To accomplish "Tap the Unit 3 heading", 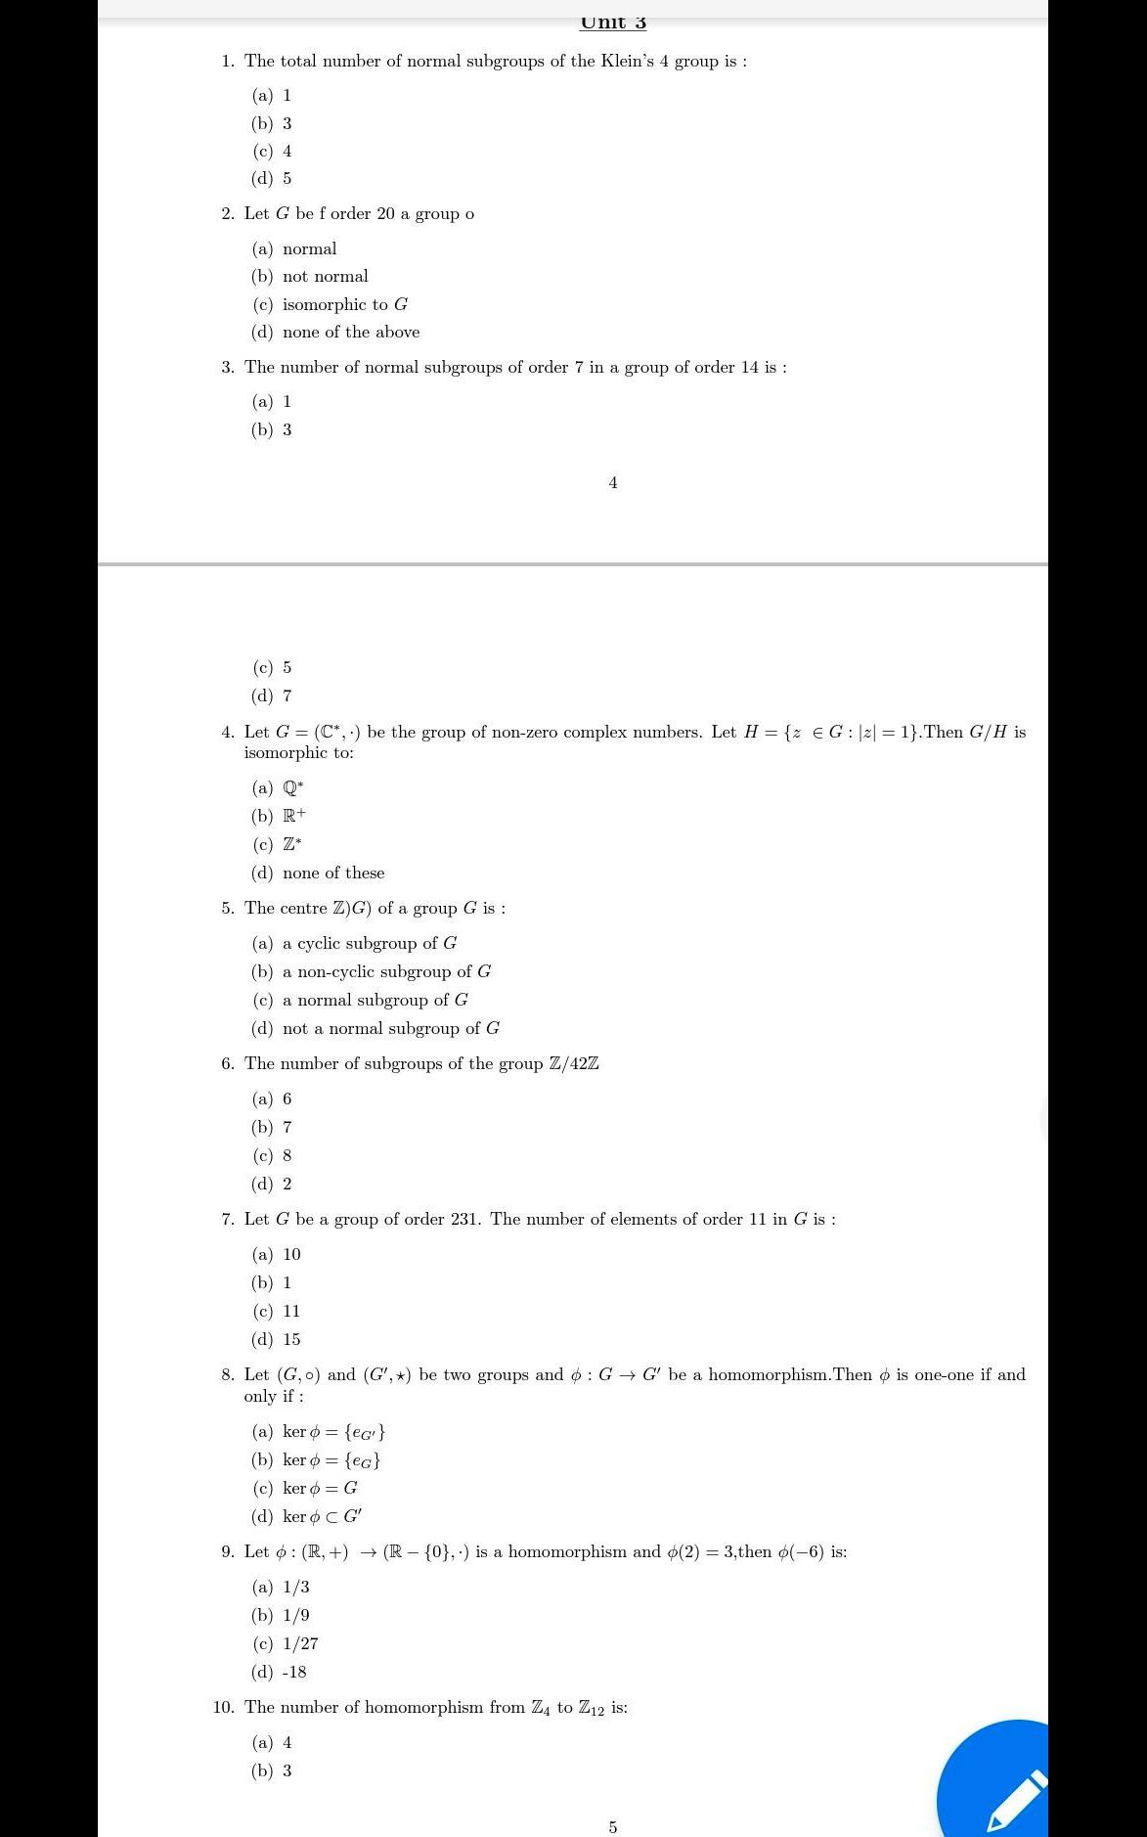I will [x=613, y=22].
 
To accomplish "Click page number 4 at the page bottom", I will [x=613, y=482].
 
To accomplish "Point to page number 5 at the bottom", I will [x=613, y=1827].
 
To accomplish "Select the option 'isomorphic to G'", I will [x=344, y=304].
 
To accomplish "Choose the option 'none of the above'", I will [x=350, y=332].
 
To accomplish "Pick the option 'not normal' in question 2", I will [x=325, y=276].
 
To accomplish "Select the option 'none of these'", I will [x=332, y=873].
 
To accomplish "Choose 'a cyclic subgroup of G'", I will [x=369, y=943].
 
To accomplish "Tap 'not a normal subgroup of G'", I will [x=390, y=1028].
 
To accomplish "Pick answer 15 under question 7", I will [x=290, y=1339].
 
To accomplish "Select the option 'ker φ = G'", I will [x=319, y=1488].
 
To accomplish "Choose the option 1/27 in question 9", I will [x=299, y=1643].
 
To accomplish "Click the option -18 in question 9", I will [x=294, y=1672].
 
